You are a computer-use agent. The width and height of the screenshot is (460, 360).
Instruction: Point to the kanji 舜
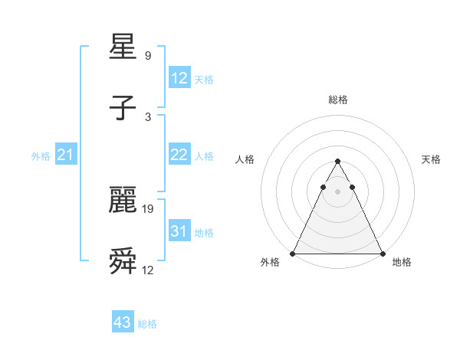[x=123, y=261]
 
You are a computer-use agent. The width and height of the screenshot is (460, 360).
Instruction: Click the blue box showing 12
[x=179, y=78]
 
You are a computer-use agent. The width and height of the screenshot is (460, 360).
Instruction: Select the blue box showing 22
[x=179, y=155]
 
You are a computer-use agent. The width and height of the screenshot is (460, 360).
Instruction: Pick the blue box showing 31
[x=179, y=231]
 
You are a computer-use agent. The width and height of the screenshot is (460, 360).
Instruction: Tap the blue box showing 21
[x=66, y=155]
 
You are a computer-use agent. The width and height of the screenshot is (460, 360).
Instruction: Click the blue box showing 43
[x=123, y=322]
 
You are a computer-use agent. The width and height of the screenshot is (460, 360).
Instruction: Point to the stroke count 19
[x=148, y=208]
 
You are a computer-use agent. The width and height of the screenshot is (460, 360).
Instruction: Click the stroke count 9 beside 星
[x=148, y=55]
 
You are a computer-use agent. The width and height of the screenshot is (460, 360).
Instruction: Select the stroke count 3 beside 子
[x=148, y=116]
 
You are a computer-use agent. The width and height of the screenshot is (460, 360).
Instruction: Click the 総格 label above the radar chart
[x=338, y=100]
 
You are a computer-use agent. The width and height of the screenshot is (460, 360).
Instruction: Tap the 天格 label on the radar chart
[x=432, y=159]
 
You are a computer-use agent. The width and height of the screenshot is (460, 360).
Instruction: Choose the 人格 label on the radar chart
[x=245, y=159]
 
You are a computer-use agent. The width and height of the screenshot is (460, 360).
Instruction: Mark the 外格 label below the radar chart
[x=270, y=262]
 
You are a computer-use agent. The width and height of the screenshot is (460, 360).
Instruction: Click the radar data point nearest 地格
[x=383, y=254]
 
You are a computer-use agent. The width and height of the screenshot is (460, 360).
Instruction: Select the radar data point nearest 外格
[x=293, y=254]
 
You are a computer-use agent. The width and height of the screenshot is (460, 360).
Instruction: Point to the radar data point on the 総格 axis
[x=338, y=162]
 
